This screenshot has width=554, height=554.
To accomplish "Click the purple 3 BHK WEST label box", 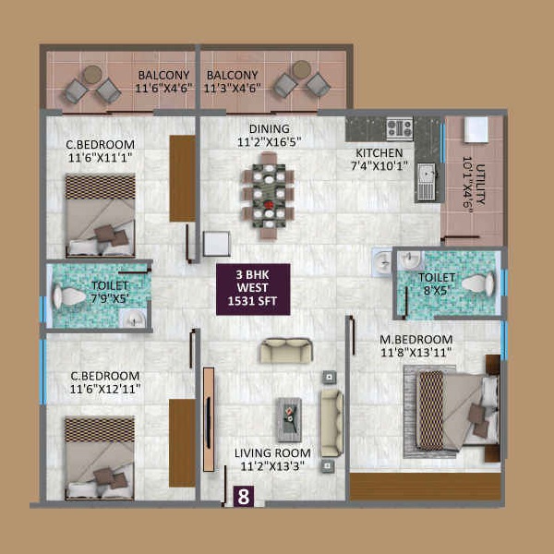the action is [x=253, y=289].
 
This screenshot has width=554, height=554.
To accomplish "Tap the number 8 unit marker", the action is [x=244, y=497].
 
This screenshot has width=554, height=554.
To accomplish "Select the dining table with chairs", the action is [x=268, y=196].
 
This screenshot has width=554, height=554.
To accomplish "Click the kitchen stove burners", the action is [x=400, y=128].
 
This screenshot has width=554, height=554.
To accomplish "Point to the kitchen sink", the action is [x=427, y=182].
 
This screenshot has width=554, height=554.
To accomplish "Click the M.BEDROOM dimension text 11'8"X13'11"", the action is [x=415, y=353].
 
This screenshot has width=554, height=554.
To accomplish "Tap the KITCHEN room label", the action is [x=379, y=153].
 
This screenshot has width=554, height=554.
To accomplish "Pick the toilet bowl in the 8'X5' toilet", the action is [x=477, y=283].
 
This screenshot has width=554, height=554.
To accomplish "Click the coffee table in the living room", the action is [x=289, y=420].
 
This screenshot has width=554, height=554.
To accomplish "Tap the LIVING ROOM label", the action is [x=272, y=453].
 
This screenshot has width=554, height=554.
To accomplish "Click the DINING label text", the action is [x=270, y=128].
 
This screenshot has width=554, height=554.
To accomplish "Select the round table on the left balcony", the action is [x=92, y=75].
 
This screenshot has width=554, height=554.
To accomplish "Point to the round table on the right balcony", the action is [x=302, y=69].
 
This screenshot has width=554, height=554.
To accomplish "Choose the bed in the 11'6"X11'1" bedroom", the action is [x=101, y=215].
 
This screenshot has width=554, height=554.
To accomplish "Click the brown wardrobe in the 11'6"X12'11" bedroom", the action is [x=182, y=443].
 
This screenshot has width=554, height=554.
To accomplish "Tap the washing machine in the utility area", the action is [x=476, y=129].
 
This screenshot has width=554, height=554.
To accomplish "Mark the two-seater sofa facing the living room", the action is [x=286, y=351].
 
